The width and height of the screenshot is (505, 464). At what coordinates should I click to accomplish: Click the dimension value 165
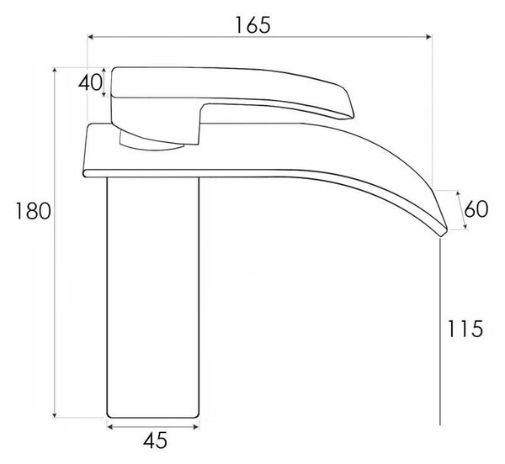(252, 24)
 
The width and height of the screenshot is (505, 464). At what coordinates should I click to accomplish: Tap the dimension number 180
(33, 211)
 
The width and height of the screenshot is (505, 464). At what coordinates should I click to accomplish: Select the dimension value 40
(90, 82)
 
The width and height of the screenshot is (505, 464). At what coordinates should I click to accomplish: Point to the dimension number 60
(476, 209)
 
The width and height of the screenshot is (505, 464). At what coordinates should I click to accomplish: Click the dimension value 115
(465, 329)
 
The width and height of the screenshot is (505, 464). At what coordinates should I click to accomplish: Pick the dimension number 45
(155, 440)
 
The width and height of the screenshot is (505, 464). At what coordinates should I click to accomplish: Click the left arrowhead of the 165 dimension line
(91, 37)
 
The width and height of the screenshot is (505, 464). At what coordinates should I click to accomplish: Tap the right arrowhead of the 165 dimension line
(428, 37)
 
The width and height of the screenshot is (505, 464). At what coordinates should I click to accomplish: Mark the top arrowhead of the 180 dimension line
(55, 71)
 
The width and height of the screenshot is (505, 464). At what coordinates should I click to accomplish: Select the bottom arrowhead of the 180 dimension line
(55, 414)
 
